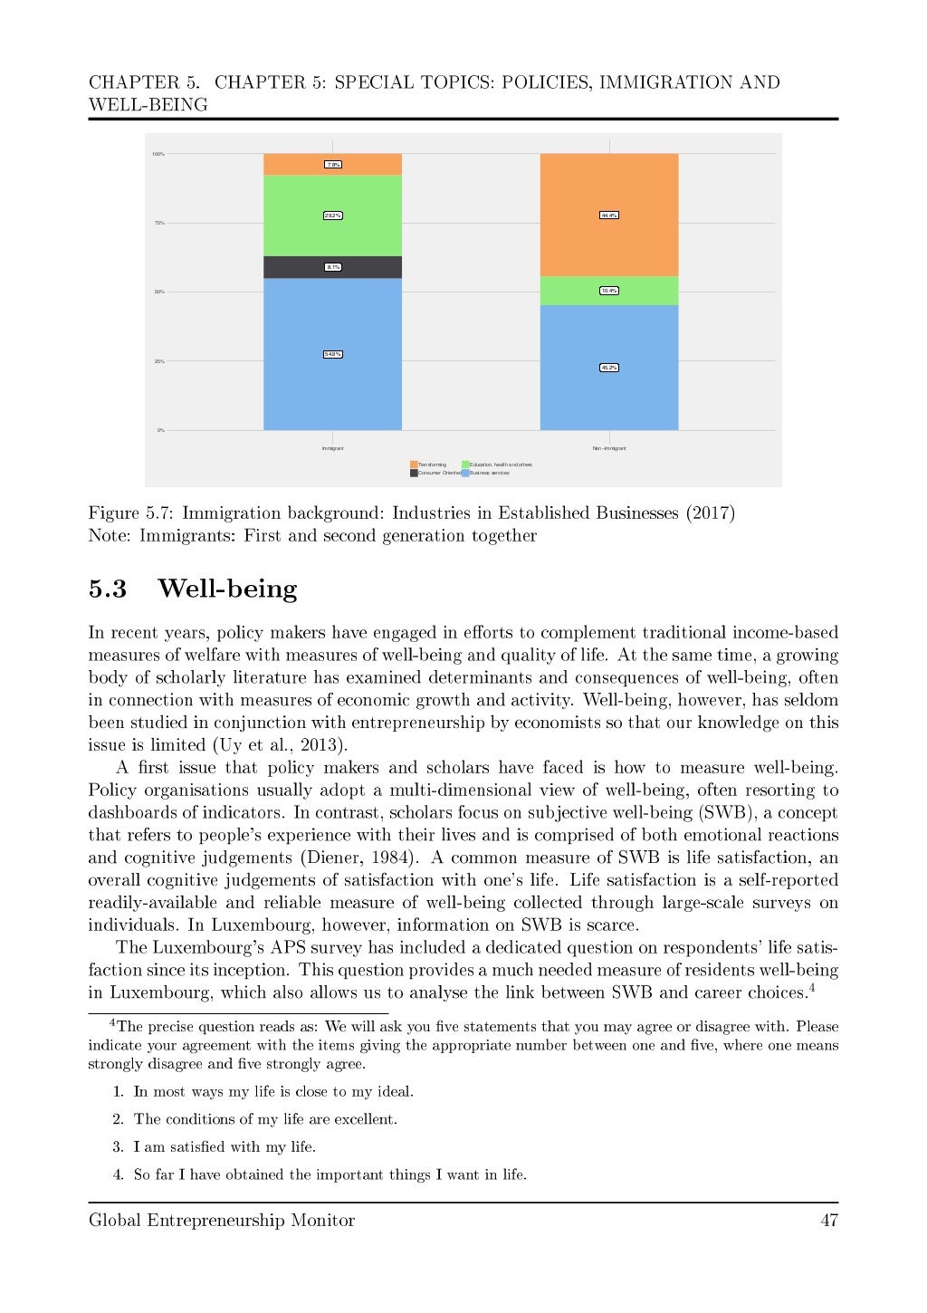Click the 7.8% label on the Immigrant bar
click(x=332, y=165)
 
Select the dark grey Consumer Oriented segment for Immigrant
click(x=332, y=267)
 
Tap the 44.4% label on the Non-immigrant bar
click(x=608, y=216)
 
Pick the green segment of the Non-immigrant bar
click(x=608, y=291)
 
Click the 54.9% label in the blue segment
click(x=332, y=354)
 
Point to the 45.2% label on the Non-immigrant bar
click(x=608, y=368)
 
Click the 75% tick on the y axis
click(x=158, y=223)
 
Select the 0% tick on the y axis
click(x=160, y=430)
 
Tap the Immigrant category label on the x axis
click(x=332, y=448)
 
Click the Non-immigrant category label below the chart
click(x=608, y=448)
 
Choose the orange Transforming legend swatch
click(x=414, y=465)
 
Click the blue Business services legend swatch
click(x=465, y=473)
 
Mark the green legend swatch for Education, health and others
click(x=465, y=465)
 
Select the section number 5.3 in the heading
click(x=107, y=589)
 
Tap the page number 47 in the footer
click(x=828, y=1221)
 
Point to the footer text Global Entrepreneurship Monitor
click(x=222, y=1221)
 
